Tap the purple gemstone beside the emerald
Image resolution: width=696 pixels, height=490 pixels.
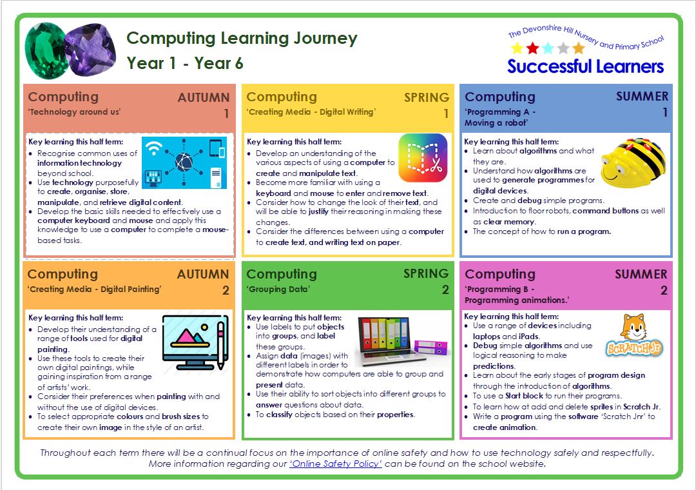(91, 49)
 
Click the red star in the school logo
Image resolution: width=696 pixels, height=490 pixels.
(533, 48)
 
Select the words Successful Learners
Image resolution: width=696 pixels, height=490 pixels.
(585, 66)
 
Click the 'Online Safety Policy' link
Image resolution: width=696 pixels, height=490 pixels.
(336, 464)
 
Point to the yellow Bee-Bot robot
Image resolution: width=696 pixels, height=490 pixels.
(633, 162)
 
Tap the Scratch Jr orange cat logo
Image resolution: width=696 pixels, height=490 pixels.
(634, 335)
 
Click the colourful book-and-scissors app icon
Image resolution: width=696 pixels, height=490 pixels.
(423, 158)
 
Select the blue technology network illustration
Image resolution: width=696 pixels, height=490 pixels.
(184, 162)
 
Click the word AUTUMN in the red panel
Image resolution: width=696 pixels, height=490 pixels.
(203, 98)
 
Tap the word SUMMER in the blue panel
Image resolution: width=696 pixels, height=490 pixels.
(642, 97)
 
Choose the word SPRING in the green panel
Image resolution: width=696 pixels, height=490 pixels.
(426, 273)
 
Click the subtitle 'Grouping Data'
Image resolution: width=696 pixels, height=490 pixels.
(278, 289)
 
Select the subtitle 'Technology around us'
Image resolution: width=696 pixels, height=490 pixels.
(74, 112)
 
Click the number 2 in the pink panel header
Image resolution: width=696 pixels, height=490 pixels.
(664, 291)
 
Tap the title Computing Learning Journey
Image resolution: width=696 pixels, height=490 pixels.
(242, 39)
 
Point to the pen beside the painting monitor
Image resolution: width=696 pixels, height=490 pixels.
(221, 345)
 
